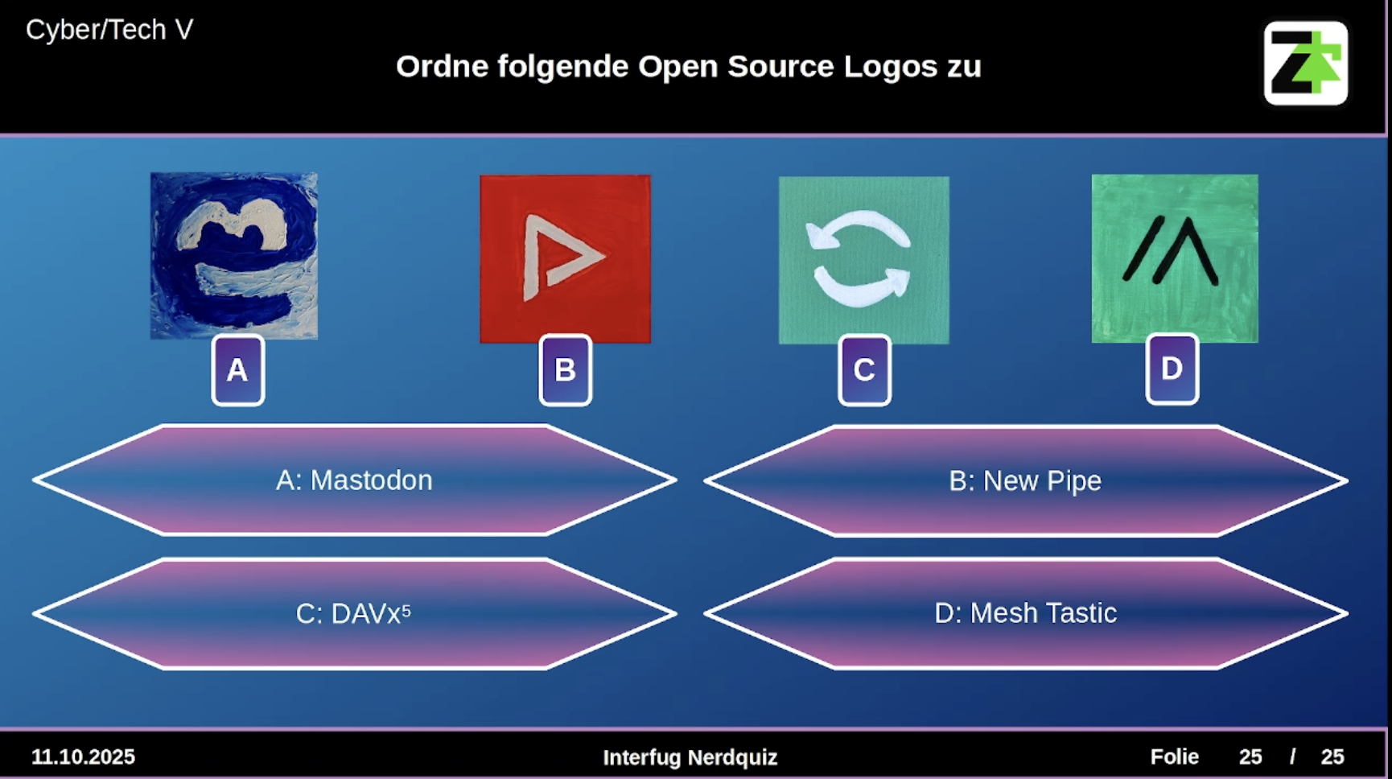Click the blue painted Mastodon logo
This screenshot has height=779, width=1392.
[x=234, y=256]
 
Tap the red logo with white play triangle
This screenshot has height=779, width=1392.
[x=565, y=259]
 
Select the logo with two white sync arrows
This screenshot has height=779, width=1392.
[x=863, y=260]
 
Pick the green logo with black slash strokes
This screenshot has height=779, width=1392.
[x=1175, y=258]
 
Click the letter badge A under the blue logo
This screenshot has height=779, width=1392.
[x=237, y=370]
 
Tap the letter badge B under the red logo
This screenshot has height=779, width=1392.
[x=565, y=370]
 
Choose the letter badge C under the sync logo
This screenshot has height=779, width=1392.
[x=864, y=370]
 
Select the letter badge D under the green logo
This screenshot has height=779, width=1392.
[x=1172, y=369]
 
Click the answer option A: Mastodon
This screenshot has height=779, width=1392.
[x=354, y=480]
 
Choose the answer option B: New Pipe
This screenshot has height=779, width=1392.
[x=1025, y=481]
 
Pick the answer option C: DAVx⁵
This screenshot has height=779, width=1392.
[x=354, y=614]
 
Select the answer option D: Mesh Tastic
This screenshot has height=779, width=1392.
[x=1025, y=613]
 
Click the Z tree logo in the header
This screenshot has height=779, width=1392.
[x=1305, y=63]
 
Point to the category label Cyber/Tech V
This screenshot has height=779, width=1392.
[x=109, y=30]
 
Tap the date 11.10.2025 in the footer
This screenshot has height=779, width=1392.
[x=83, y=757]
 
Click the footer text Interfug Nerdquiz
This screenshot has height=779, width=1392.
[x=690, y=757]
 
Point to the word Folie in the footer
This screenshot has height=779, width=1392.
[x=1174, y=757]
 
